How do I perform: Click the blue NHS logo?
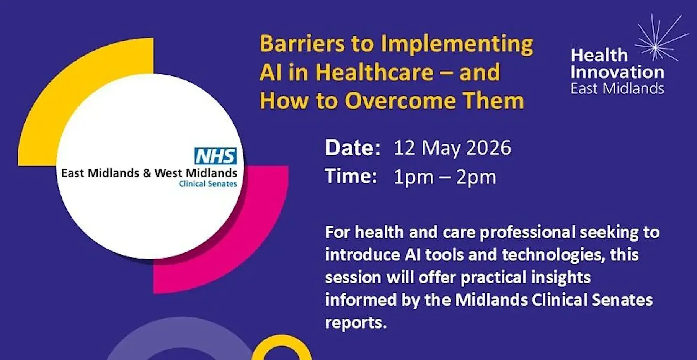click(215, 156)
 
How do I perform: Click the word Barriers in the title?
click(302, 44)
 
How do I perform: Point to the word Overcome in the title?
click(400, 101)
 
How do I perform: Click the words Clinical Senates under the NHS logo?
click(208, 184)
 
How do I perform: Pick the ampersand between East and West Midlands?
click(147, 173)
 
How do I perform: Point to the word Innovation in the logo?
click(617, 72)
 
